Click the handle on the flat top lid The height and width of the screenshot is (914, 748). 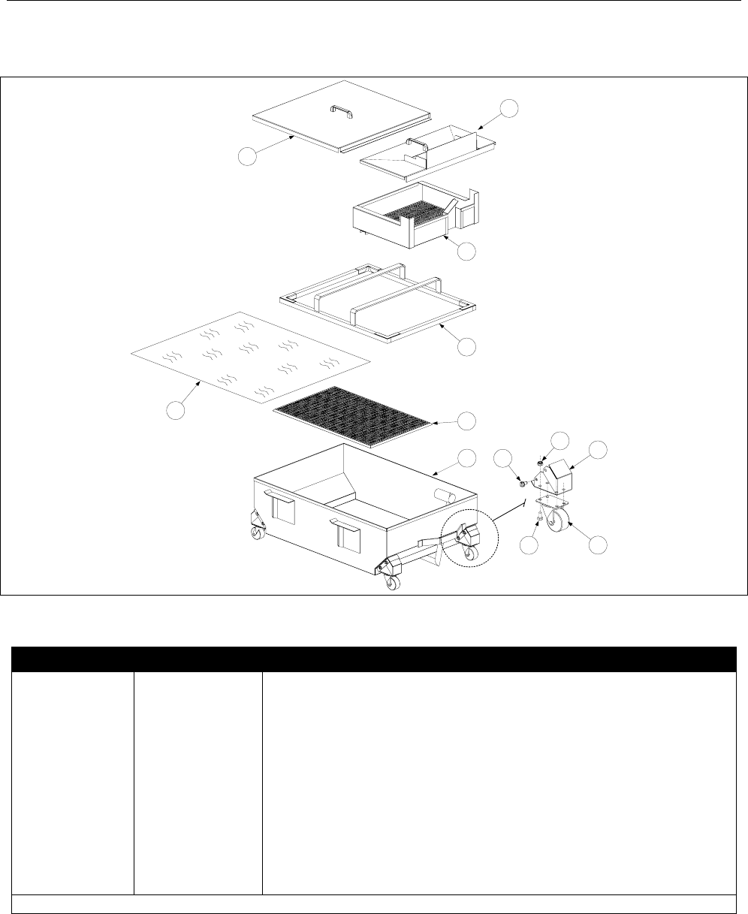[342, 112]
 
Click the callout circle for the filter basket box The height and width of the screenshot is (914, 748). [467, 252]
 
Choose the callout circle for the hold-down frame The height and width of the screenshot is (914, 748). [467, 345]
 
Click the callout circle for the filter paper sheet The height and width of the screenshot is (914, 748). [176, 411]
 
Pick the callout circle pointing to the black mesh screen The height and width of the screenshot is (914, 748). [467, 421]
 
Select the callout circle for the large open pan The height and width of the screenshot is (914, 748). [467, 458]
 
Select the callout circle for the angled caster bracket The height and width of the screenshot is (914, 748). [598, 451]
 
